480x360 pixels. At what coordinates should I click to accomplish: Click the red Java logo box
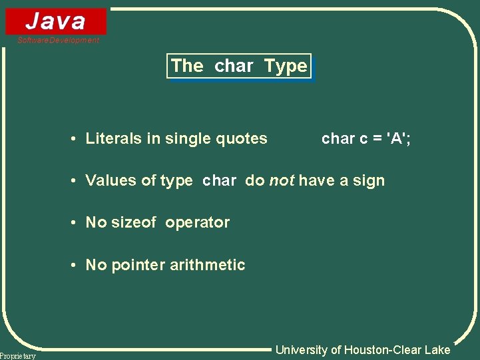[56, 21]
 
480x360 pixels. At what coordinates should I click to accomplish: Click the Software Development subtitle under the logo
[59, 41]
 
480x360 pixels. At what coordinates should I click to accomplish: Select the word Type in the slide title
[286, 66]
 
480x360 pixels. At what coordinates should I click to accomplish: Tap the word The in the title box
[187, 66]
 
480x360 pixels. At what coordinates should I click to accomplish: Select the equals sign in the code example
[377, 139]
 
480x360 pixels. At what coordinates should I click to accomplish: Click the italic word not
[282, 180]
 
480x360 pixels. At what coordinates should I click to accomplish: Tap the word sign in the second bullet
[369, 180]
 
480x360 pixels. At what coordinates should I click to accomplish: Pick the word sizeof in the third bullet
[134, 222]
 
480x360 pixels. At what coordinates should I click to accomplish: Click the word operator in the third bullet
[198, 222]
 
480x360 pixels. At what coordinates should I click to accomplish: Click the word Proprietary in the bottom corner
[18, 356]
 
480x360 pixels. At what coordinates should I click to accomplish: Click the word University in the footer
[301, 349]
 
